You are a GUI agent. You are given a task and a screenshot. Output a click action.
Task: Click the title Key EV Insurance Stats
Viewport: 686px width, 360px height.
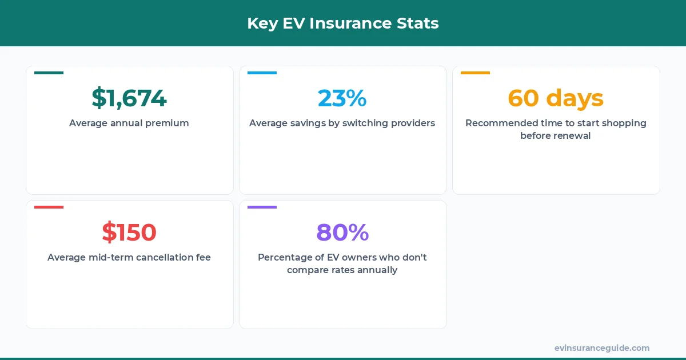coord(342,23)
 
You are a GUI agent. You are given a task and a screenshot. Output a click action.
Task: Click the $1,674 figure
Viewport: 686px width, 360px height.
coord(129,98)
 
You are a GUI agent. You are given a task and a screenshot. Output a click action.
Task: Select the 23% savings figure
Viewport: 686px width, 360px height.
coord(342,98)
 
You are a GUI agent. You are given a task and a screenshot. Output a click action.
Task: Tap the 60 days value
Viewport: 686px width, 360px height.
coord(556,98)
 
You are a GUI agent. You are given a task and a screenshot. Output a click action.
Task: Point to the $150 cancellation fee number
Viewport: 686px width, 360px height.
coord(129,233)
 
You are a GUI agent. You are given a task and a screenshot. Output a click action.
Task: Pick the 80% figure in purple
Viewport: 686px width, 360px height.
coord(342,233)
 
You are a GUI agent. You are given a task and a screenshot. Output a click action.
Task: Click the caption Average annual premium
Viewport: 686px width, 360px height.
coord(129,123)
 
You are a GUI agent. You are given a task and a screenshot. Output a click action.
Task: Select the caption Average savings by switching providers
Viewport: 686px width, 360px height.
coord(342,123)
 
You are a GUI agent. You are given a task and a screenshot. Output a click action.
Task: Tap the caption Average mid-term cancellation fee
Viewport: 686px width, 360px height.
coord(129,257)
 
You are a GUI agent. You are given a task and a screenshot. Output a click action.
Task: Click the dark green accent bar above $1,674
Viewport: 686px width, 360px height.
coord(49,73)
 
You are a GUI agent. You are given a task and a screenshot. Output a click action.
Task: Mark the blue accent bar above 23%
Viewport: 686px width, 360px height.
coord(262,73)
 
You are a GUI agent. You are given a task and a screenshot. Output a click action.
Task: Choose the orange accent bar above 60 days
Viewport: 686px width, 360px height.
coord(475,73)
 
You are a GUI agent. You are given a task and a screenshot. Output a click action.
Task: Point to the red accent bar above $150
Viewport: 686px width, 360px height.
coord(49,207)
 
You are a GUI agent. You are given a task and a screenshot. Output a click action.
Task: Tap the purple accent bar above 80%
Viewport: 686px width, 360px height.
coord(262,207)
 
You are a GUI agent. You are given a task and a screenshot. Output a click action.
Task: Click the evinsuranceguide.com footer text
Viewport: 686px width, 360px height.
coord(601,348)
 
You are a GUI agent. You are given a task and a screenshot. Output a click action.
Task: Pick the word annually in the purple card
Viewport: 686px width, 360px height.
coord(377,270)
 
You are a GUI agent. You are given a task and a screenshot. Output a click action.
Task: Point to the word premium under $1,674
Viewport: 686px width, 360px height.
coord(169,123)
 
